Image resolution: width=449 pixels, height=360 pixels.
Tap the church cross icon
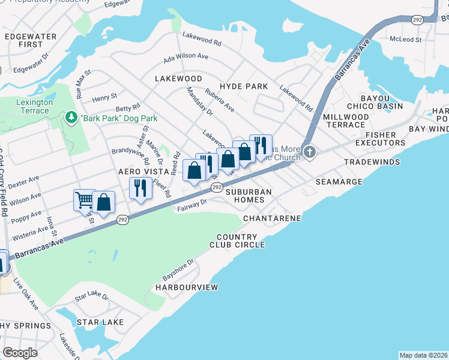coord(309,151)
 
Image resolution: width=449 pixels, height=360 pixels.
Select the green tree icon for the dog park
coord(71,118)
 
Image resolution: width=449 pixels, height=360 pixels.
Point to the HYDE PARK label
coord(244,86)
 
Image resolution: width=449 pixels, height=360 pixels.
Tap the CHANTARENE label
coord(272,218)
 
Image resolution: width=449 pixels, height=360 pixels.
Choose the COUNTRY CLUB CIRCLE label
coord(237,241)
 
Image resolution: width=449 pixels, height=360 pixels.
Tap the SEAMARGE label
coord(339,182)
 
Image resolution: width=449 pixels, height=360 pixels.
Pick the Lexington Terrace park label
coord(34,107)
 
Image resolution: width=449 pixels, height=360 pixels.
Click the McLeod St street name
coord(406,40)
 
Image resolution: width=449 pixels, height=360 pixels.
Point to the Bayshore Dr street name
coord(179,271)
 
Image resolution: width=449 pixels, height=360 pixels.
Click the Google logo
coord(20,353)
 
